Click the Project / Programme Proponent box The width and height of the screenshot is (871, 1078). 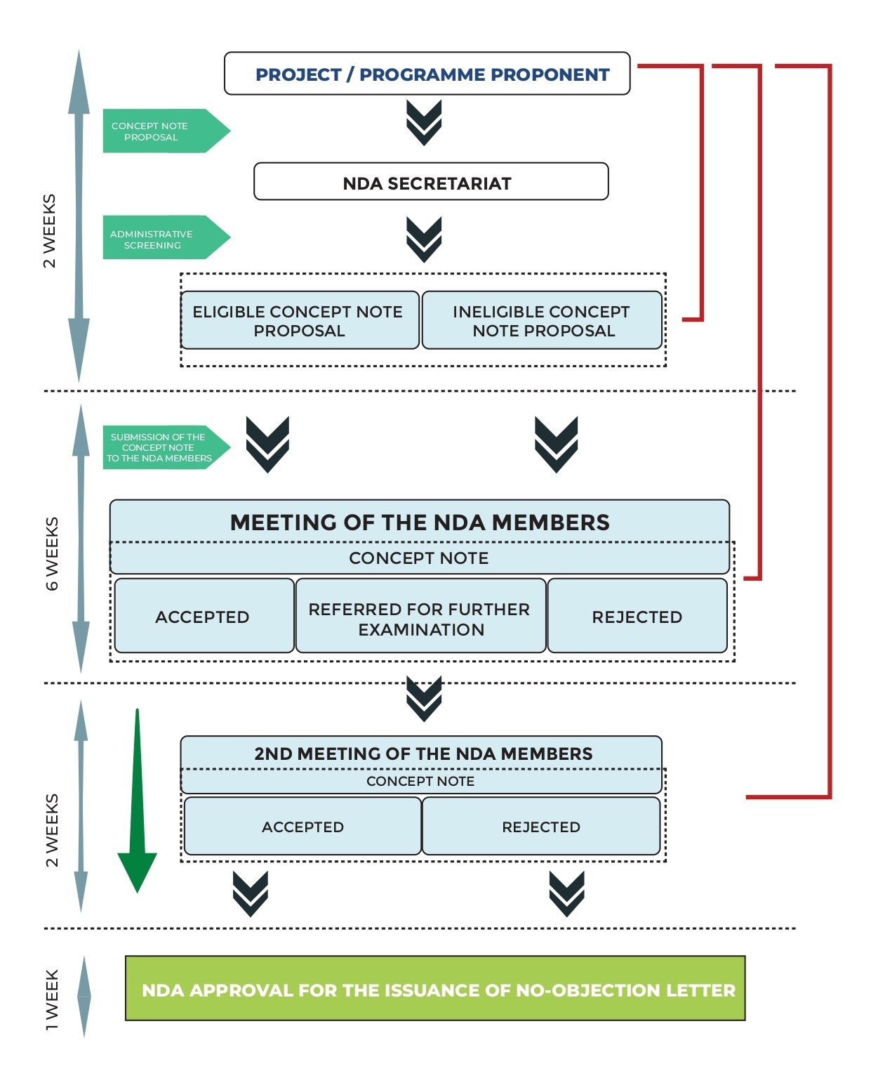tap(427, 74)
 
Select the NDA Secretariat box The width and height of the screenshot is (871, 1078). tap(430, 183)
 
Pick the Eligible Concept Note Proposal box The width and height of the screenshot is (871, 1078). tap(299, 321)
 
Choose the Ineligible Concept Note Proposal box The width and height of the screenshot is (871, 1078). tap(542, 321)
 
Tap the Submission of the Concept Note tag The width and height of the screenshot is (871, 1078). tap(161, 447)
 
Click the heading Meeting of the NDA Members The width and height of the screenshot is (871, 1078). tap(420, 522)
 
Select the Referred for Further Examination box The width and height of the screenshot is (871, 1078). tap(420, 618)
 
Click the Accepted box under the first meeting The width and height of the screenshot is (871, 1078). tap(204, 617)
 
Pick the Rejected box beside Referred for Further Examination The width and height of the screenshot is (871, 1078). tap(637, 617)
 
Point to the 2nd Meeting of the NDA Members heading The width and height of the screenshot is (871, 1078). tap(423, 754)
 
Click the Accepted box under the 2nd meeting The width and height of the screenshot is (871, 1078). tap(302, 827)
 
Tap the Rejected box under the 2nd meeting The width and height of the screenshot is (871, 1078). tap(541, 827)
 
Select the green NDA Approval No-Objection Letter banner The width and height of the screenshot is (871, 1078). tap(435, 989)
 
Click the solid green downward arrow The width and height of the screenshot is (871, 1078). tap(138, 808)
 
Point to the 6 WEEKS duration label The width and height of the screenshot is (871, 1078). tap(53, 553)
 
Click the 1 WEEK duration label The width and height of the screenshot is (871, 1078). tap(53, 999)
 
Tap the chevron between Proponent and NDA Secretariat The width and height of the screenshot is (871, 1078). tap(424, 123)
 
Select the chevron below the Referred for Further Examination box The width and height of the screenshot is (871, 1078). tap(424, 698)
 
